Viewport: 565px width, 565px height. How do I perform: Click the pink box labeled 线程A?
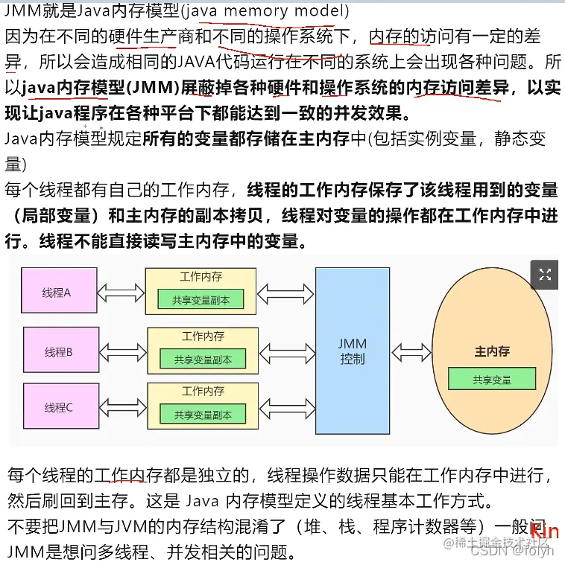57,293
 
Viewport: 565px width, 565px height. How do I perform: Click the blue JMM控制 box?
353,351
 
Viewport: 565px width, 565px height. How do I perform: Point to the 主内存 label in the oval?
492,351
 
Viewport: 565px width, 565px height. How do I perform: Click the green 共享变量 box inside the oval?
492,379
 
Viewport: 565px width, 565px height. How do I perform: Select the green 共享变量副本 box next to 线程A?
200,300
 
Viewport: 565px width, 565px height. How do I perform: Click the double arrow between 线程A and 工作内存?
121,290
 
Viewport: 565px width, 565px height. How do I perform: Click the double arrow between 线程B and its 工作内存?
123,350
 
